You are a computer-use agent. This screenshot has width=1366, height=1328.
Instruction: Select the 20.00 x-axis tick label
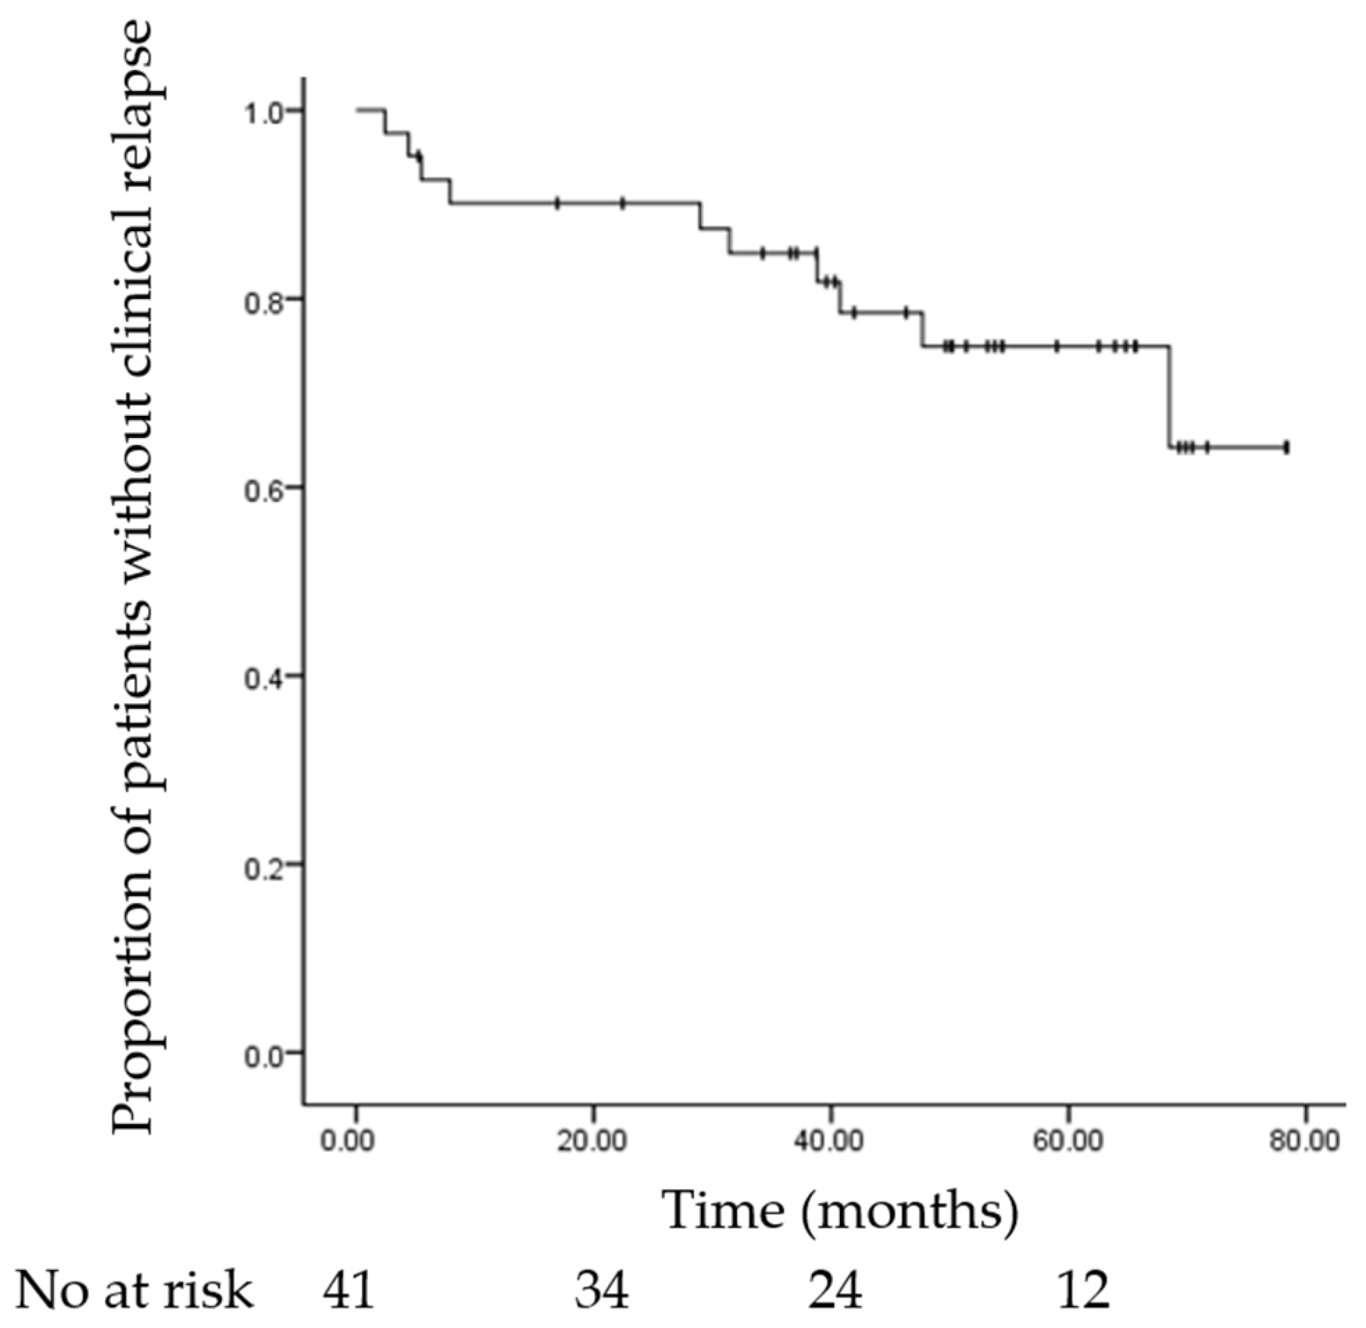coord(593,1142)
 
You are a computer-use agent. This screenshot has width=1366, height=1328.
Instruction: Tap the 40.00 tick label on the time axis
coord(829,1142)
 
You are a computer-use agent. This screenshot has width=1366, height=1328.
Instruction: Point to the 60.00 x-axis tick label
coord(1068,1142)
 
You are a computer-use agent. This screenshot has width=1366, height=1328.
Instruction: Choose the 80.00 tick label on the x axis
coord(1305,1142)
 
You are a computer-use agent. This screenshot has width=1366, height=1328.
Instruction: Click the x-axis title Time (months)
coord(840,1211)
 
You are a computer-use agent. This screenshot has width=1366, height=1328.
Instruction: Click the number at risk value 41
coord(348,1291)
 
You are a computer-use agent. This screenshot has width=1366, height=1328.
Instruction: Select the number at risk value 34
coord(602,1291)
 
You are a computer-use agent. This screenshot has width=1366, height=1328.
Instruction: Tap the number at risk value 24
coord(836,1291)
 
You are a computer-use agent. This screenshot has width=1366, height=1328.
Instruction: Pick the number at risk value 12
coord(1083,1291)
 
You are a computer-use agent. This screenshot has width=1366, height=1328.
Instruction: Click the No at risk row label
coord(134,1291)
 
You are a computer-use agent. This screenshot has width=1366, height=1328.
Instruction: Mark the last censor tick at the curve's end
coord(1285,447)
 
